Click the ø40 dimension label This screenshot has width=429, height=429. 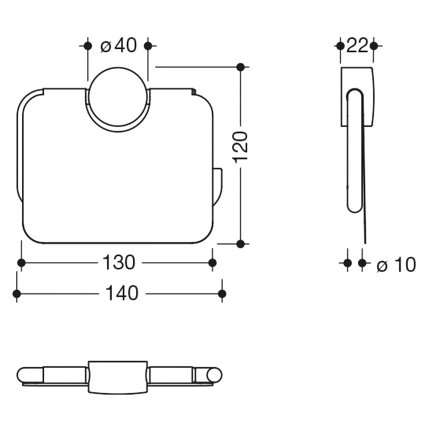119,45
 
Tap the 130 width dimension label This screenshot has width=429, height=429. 119,263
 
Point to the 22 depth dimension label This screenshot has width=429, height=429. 357,45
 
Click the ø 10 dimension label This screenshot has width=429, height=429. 396,265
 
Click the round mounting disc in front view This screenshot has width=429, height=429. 118,97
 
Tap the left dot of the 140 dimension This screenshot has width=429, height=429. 17,293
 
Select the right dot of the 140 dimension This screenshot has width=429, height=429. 222,293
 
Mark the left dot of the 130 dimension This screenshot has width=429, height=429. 21,263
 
